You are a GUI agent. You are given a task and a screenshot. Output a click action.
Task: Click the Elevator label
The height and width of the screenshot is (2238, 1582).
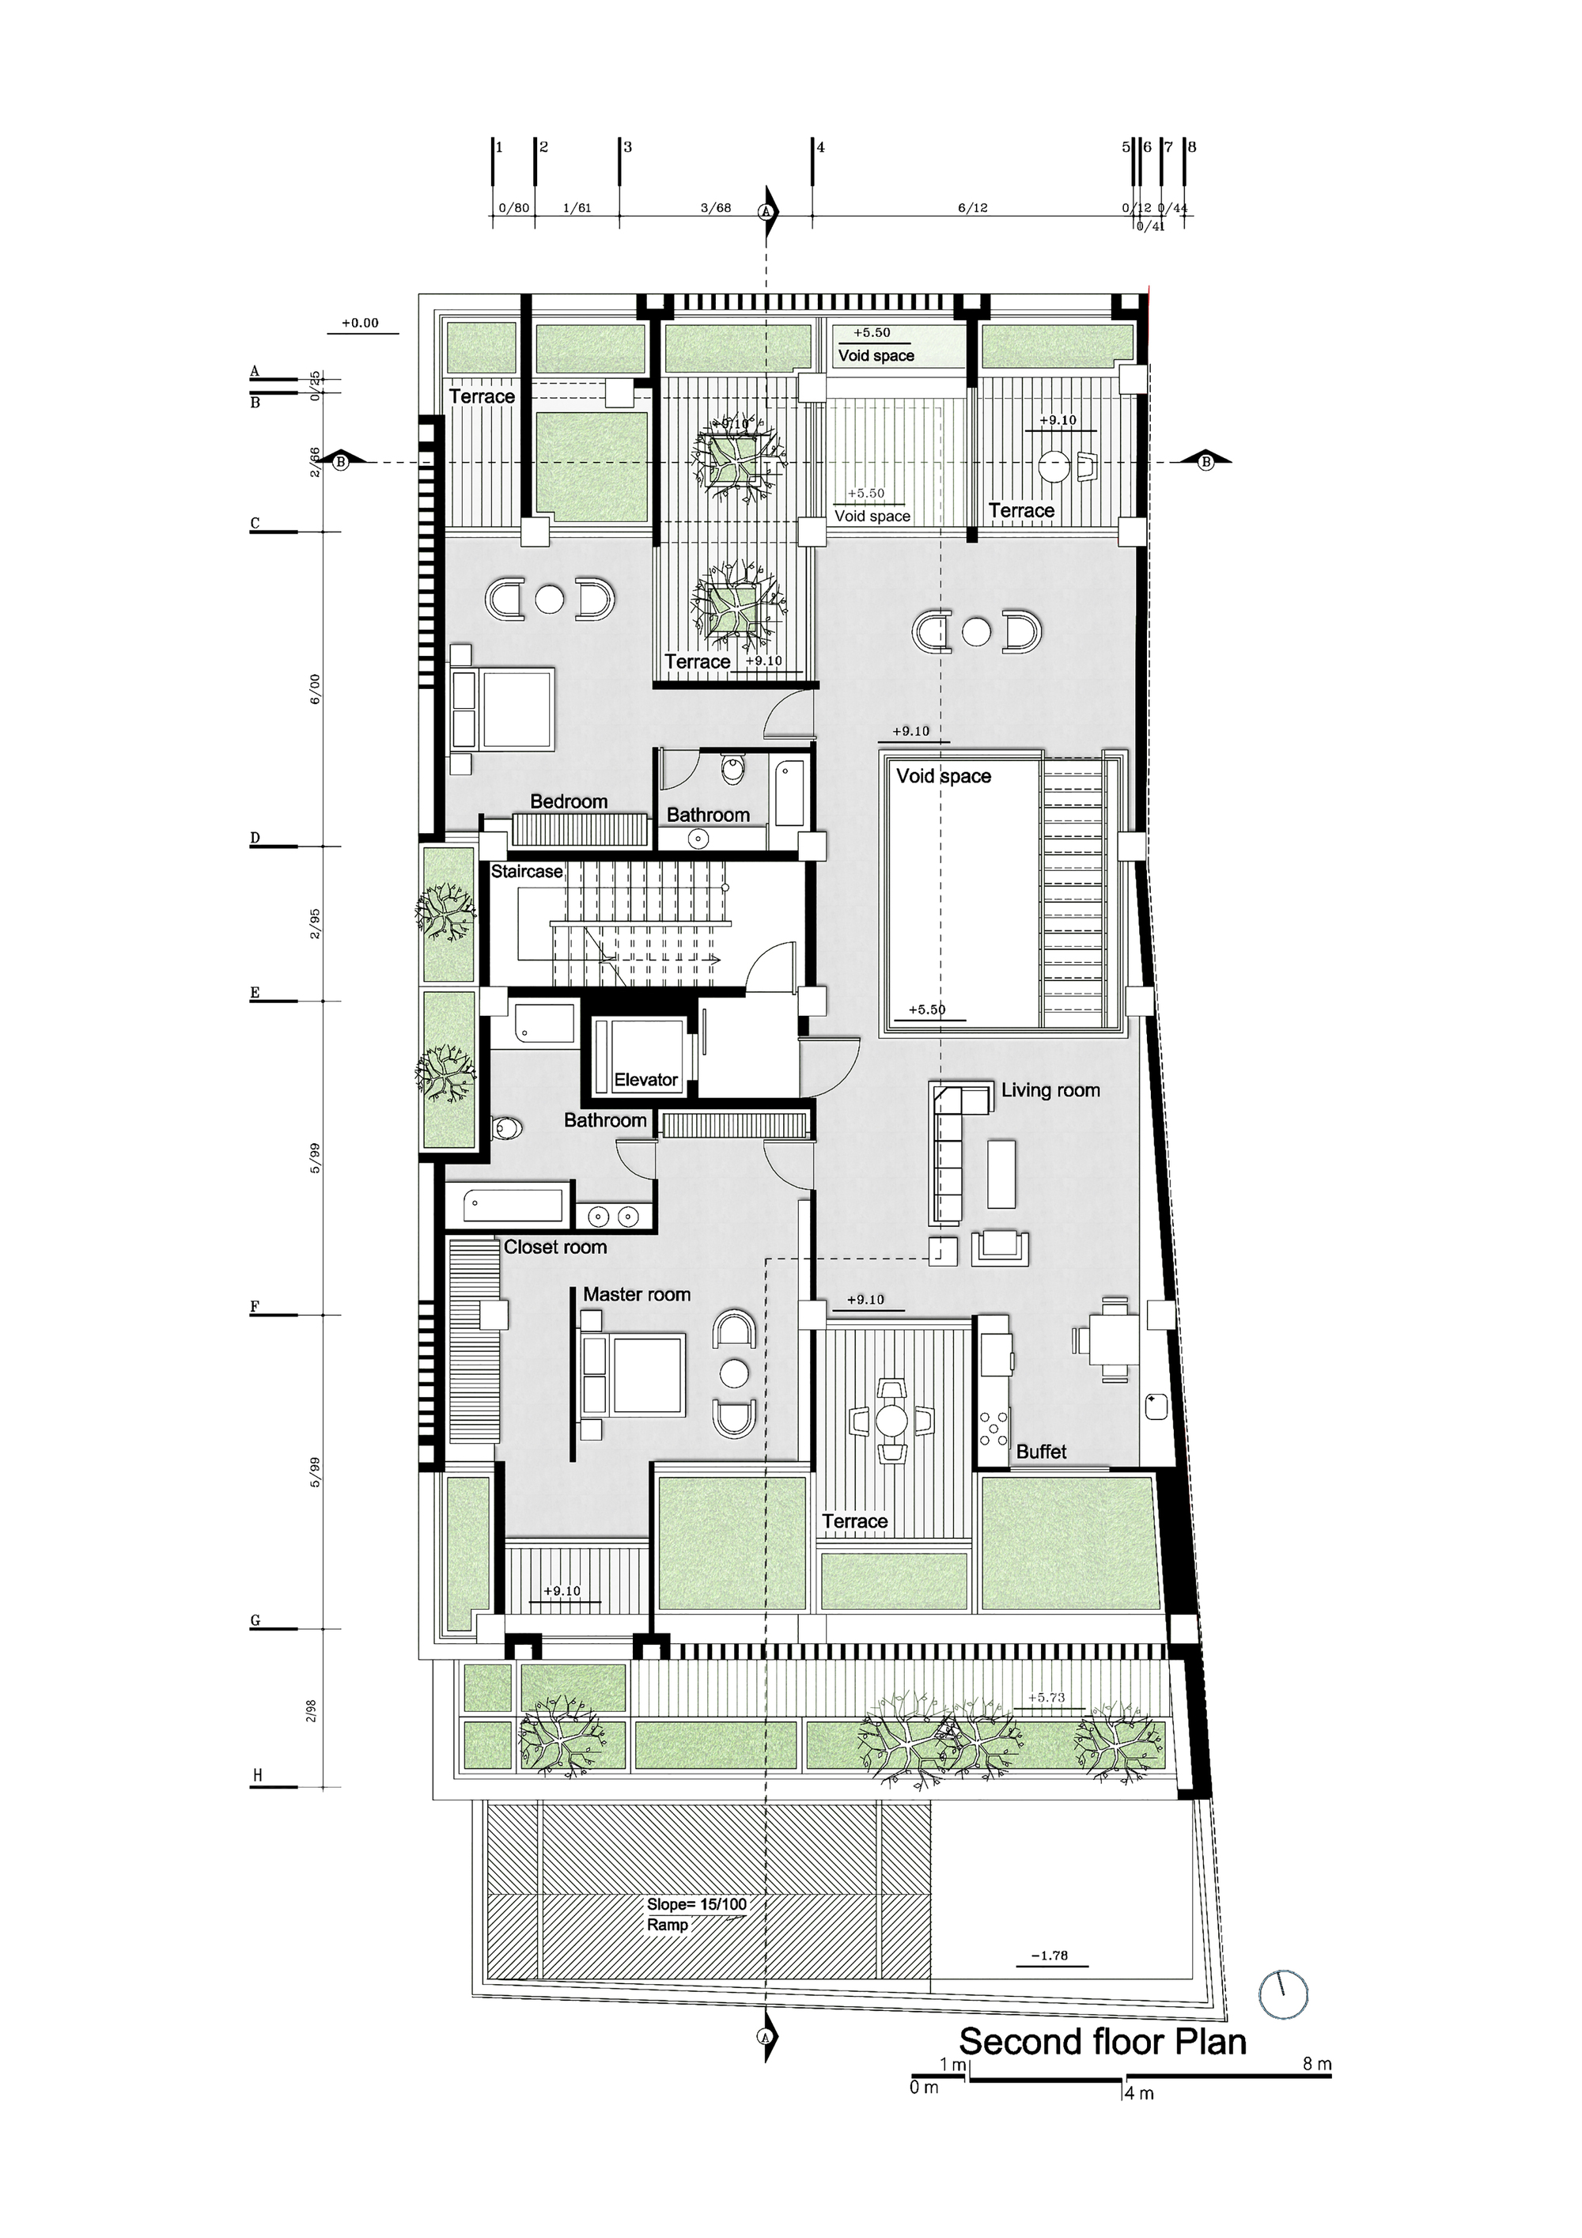click(x=645, y=1079)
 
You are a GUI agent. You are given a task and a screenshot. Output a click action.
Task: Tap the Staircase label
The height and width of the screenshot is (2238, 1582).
click(x=526, y=872)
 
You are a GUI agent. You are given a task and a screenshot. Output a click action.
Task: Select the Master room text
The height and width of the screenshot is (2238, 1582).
click(x=637, y=1294)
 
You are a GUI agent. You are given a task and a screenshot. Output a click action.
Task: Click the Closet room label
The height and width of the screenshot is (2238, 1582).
click(x=554, y=1247)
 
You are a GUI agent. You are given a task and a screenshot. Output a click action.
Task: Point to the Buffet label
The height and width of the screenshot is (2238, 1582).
click(x=1041, y=1452)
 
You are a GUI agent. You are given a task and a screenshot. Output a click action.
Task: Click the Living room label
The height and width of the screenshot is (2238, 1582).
click(x=1050, y=1090)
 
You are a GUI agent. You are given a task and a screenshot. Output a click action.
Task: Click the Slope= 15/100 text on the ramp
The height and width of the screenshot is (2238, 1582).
click(x=696, y=1903)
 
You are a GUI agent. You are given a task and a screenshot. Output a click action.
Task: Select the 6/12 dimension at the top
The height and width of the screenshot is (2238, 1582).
click(x=972, y=207)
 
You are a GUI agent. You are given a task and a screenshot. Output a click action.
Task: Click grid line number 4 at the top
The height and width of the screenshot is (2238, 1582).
click(x=819, y=147)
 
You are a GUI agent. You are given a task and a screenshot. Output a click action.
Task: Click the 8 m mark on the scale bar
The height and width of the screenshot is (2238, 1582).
click(x=1316, y=2063)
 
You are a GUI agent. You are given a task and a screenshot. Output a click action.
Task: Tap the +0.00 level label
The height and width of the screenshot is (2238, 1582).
click(x=360, y=323)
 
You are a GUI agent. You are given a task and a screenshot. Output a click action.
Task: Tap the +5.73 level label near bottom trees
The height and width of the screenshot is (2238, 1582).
click(x=1045, y=1697)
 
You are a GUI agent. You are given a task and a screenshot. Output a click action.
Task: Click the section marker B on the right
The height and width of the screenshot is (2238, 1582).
click(x=1205, y=462)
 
